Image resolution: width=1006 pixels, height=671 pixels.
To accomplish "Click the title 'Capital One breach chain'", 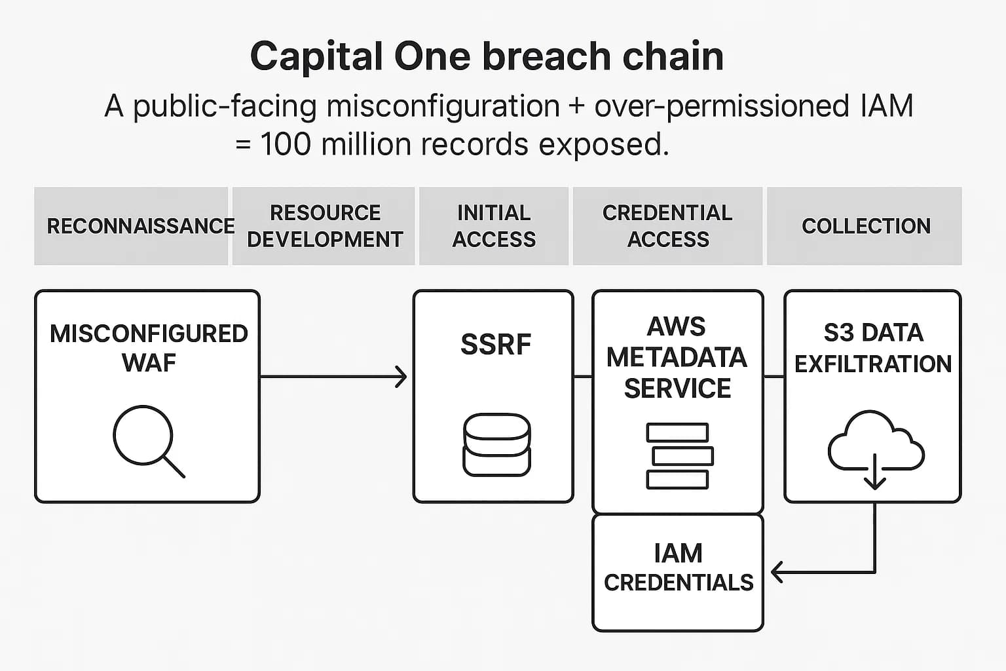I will (x=487, y=56).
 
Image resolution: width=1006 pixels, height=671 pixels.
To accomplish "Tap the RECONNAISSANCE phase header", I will (x=140, y=226).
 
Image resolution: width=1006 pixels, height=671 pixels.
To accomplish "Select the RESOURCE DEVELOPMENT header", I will (x=325, y=226).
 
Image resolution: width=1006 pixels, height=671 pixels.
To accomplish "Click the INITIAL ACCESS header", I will (x=494, y=226).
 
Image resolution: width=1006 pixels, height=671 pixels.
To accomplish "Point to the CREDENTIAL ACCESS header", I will (x=667, y=226).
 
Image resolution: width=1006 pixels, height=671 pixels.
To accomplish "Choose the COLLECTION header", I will (x=866, y=226).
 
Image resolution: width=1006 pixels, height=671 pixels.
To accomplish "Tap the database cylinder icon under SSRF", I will (x=496, y=444).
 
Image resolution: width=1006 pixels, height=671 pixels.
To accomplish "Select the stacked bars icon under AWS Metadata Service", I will (x=679, y=456).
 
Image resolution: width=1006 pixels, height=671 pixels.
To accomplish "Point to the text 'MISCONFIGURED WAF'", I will (x=149, y=348).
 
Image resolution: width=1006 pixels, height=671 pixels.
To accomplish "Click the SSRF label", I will (x=496, y=345).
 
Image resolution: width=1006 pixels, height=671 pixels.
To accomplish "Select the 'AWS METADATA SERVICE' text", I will (x=677, y=358).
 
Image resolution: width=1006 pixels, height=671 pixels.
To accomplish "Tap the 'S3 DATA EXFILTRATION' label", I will (x=873, y=348).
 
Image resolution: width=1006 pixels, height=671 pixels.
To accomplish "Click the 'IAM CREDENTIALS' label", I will (x=679, y=567).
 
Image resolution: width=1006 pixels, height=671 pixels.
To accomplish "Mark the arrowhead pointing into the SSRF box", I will (x=401, y=377).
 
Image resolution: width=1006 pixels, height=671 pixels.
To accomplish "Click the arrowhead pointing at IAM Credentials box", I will (x=777, y=572).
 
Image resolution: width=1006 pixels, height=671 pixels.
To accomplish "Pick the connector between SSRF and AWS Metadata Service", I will (x=583, y=377).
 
